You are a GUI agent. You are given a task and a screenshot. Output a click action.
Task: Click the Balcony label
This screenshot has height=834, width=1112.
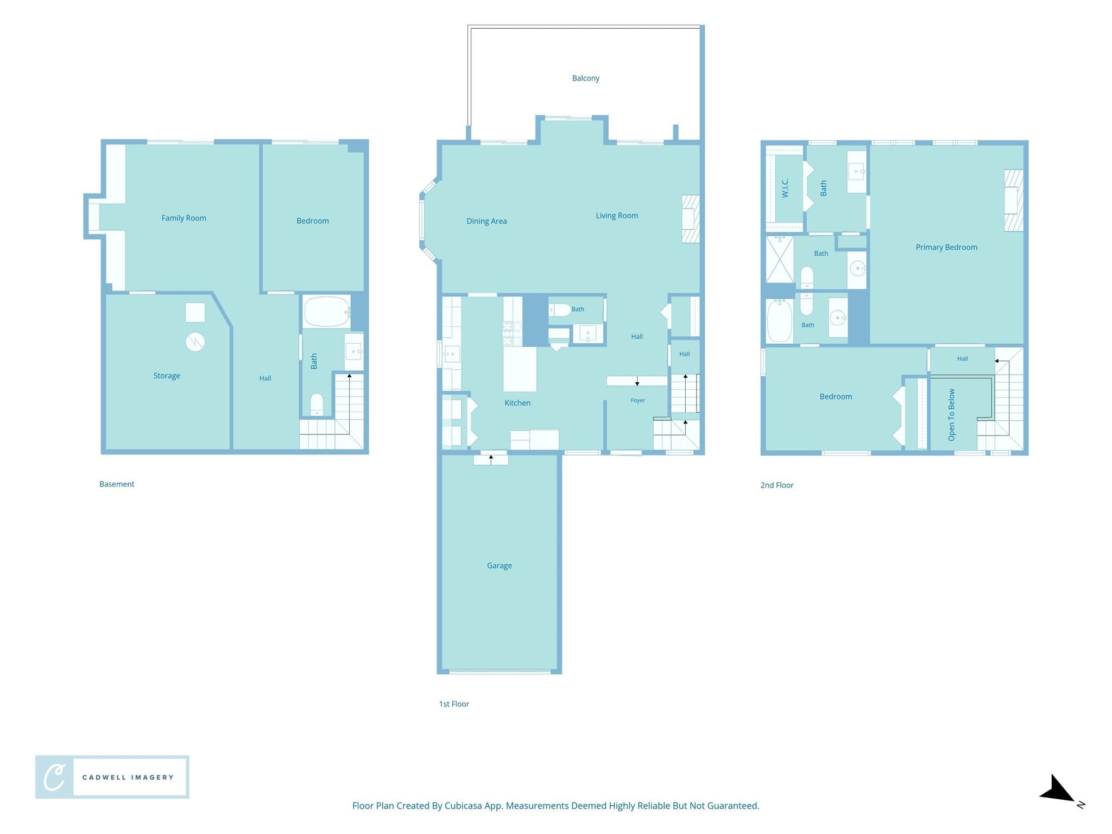(585, 78)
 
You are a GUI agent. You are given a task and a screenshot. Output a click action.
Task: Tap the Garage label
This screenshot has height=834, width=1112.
(499, 565)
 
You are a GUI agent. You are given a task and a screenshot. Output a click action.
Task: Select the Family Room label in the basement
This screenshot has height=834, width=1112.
(184, 218)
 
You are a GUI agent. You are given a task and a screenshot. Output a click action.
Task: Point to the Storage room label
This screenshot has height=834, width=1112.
(166, 376)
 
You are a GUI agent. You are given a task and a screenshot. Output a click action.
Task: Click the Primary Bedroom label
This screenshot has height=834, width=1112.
(946, 247)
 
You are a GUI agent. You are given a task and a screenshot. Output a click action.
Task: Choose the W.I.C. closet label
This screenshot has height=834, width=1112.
(785, 188)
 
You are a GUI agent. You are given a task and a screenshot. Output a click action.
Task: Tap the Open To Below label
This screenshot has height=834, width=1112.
(951, 414)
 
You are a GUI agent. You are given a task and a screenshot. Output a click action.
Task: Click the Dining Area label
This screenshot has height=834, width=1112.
(486, 221)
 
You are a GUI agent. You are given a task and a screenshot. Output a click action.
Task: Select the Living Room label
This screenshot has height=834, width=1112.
(617, 216)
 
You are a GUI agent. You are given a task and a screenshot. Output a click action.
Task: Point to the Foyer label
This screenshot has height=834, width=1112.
(637, 401)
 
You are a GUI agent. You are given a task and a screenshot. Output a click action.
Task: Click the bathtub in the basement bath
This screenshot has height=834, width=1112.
(327, 311)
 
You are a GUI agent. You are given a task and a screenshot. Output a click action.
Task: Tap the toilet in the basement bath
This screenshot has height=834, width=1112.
(317, 405)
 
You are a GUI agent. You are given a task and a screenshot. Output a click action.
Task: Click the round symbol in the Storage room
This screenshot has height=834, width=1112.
(195, 342)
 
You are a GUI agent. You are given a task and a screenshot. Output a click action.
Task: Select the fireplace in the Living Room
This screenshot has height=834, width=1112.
(690, 219)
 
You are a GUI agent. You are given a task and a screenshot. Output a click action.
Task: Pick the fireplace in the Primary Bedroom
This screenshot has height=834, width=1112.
(1013, 200)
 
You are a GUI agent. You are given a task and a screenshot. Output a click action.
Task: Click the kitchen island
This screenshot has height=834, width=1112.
(520, 369)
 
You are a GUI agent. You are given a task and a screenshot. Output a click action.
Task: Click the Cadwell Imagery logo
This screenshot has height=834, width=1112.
(112, 777)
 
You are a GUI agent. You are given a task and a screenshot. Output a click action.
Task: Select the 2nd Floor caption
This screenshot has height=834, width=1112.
(776, 485)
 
